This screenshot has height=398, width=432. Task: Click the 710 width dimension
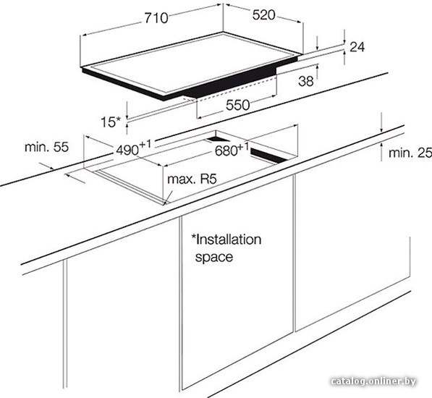156,18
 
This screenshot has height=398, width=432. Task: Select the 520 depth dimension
263,15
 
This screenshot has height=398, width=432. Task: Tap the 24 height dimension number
357,47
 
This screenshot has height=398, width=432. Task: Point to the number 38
306,81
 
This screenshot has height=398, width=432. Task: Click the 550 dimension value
238,105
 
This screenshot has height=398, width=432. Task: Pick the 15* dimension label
110,122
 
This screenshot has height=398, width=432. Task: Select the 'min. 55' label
46,147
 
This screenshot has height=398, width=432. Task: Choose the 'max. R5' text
192,179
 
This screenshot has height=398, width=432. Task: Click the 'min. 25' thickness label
410,153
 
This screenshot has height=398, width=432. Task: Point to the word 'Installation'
226,240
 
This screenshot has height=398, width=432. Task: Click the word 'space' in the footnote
213,258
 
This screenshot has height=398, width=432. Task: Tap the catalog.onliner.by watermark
373,381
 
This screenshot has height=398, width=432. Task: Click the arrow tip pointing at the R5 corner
165,205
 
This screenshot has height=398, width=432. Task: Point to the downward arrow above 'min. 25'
381,122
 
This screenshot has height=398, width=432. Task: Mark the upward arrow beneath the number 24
344,58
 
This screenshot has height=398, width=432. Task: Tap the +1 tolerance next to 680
243,146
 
